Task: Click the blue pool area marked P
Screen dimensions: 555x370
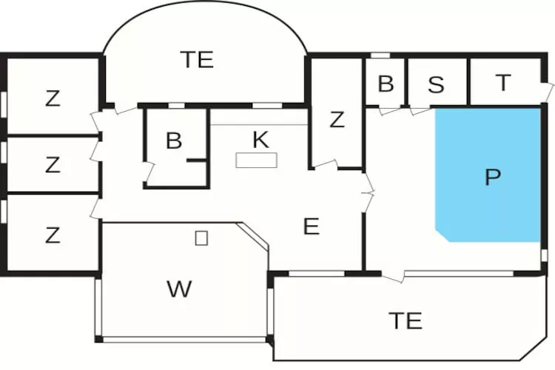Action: click(x=488, y=175)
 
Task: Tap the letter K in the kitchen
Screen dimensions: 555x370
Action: click(x=261, y=140)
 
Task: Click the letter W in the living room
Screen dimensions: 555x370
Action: click(x=180, y=289)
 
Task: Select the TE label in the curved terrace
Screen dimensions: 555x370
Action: click(x=197, y=59)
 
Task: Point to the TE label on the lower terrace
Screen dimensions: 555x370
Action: click(x=406, y=320)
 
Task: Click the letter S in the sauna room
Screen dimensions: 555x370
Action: click(x=436, y=84)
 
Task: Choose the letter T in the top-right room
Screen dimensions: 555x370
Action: click(x=503, y=82)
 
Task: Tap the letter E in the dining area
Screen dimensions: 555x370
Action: click(x=312, y=226)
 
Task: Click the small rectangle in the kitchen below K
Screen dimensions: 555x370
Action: click(x=257, y=160)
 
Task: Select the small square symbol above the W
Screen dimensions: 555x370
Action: click(x=201, y=238)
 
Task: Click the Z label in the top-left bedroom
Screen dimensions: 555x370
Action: click(x=53, y=98)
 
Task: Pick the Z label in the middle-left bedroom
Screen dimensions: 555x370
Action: click(x=53, y=164)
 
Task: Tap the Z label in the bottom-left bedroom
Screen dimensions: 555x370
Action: click(x=53, y=235)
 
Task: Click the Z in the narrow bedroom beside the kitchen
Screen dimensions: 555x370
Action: click(x=337, y=119)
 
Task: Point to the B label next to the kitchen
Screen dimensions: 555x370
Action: click(x=174, y=140)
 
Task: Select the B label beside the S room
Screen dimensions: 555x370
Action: click(x=386, y=84)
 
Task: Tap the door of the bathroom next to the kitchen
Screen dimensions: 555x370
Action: click(x=149, y=172)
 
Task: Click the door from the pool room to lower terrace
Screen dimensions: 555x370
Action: click(x=392, y=276)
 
